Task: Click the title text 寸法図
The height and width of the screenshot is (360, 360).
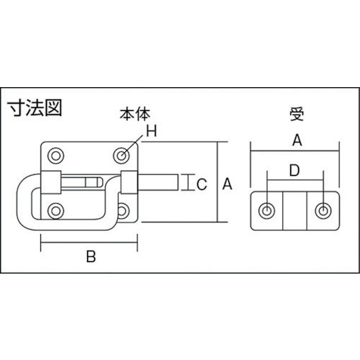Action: click(x=35, y=109)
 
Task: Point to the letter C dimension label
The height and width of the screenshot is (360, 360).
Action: click(x=202, y=185)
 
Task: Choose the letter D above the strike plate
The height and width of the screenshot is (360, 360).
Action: click(x=294, y=170)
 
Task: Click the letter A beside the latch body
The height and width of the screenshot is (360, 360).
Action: click(x=228, y=185)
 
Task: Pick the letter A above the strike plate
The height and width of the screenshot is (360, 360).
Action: click(x=294, y=142)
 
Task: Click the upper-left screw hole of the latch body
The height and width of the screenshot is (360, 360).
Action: click(x=55, y=155)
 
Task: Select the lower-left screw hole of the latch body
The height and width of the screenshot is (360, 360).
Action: click(x=55, y=211)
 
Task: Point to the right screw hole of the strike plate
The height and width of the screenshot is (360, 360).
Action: click(x=322, y=210)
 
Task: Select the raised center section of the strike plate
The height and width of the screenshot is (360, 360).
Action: click(x=294, y=210)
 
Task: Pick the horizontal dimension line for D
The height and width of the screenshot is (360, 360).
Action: click(x=294, y=181)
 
